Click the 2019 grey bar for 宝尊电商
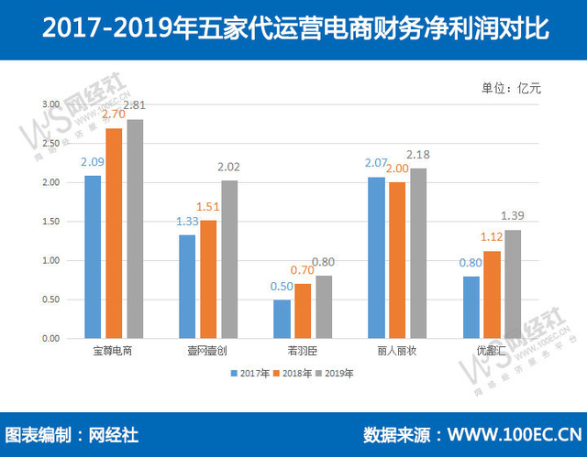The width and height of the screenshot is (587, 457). (x=135, y=229)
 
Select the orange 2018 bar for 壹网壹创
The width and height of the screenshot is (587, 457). (x=208, y=279)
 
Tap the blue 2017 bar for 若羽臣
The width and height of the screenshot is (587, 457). (x=282, y=319)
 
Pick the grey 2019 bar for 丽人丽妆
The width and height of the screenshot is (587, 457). (x=418, y=254)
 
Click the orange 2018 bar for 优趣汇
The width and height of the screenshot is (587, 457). (x=492, y=295)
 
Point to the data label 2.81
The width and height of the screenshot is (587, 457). (x=135, y=106)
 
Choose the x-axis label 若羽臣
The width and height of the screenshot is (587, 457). (x=303, y=351)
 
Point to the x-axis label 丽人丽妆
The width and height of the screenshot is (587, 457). (x=397, y=351)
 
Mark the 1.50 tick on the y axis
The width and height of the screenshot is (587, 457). (x=50, y=222)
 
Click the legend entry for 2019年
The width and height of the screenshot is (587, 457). (x=336, y=373)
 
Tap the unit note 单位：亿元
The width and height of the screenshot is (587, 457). (x=510, y=89)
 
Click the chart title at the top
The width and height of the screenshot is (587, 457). (x=293, y=30)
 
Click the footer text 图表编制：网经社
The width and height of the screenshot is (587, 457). (x=71, y=434)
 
